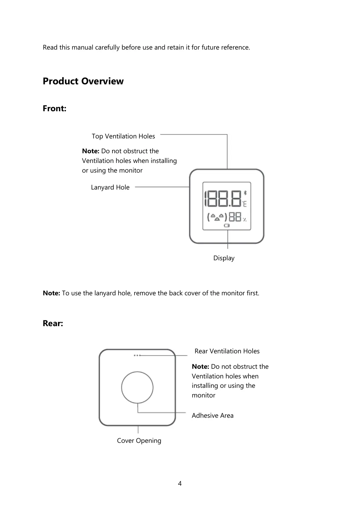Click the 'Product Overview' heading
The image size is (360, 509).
83,81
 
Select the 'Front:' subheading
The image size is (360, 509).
54,109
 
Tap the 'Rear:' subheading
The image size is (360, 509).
53,323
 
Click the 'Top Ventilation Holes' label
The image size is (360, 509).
123,136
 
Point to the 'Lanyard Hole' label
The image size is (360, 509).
110,187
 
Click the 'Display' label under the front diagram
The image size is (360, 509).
224,258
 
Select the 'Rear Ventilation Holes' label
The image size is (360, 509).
227,351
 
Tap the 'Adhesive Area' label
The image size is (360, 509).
212,416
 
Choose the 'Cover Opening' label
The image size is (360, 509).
139,441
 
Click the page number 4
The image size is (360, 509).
180,484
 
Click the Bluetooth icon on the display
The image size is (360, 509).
245,193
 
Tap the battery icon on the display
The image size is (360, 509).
227,225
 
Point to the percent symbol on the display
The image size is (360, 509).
244,219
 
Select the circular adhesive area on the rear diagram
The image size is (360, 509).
137,387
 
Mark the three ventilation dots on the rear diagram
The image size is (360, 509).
137,355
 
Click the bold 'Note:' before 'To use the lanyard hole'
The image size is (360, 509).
51,293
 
